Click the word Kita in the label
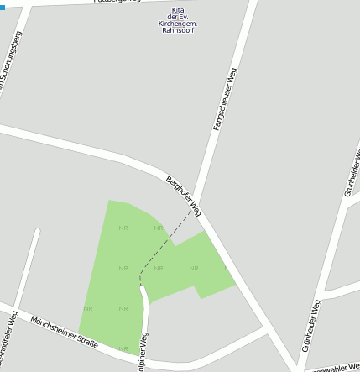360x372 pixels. tap(177, 10)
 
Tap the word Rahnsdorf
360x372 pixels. tap(177, 33)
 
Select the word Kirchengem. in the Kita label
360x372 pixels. tap(177, 25)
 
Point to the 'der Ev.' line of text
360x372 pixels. tap(177, 18)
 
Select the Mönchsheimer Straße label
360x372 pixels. tap(64, 332)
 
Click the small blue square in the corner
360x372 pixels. tap(3, 8)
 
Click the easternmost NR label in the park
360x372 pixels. tap(194, 269)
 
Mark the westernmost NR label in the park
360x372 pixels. tap(88, 309)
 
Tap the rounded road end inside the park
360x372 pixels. tap(143, 291)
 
